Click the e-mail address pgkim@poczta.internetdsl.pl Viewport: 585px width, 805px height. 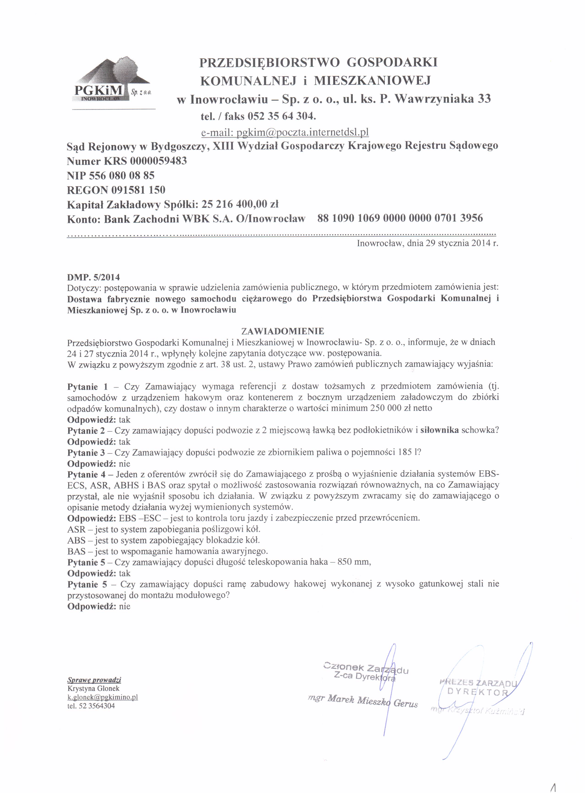tap(285, 132)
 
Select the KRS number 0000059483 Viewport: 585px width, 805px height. tap(158, 161)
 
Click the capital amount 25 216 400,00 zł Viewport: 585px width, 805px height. tap(240, 204)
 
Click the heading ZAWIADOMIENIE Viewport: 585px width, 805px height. tap(282, 331)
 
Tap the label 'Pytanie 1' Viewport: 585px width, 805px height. tap(87, 386)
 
